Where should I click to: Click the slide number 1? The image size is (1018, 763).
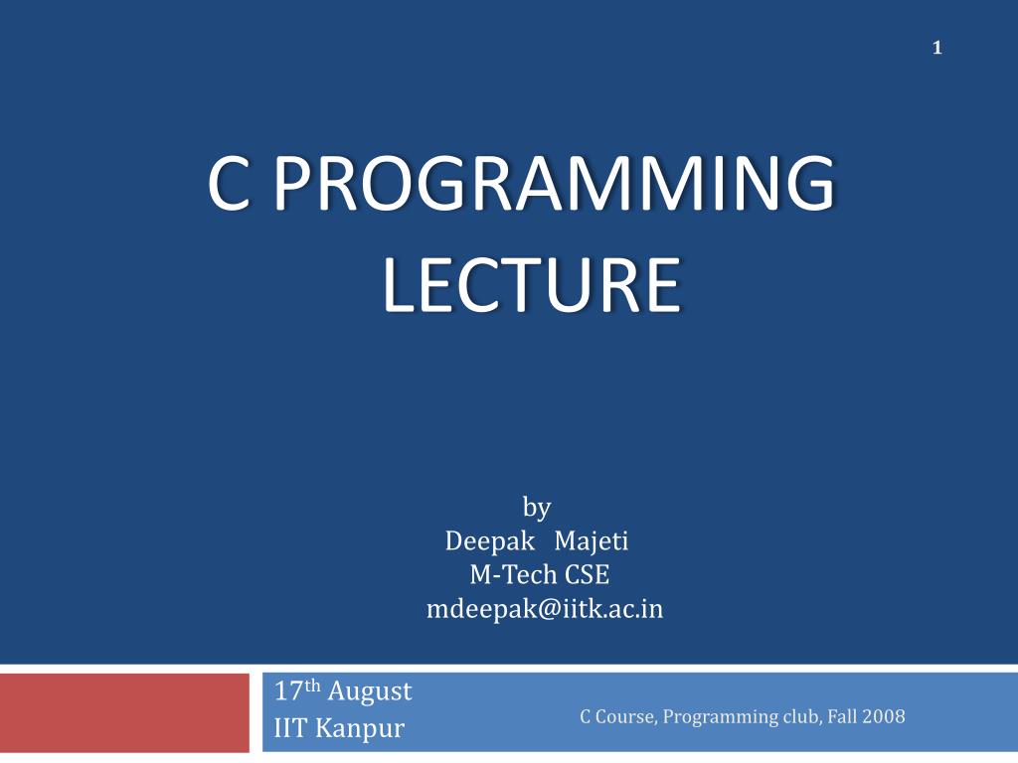click(936, 48)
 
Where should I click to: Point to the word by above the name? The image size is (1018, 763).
click(537, 509)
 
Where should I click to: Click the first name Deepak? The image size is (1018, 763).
click(488, 541)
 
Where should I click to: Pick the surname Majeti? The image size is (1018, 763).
click(592, 541)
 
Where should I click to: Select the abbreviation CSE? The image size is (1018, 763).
click(587, 575)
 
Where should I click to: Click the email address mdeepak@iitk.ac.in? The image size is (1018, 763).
click(544, 609)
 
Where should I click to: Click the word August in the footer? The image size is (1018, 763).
click(370, 690)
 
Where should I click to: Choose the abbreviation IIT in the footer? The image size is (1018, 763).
click(291, 729)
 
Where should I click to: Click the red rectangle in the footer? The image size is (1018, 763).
click(124, 712)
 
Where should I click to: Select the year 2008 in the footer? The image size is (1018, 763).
click(884, 716)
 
